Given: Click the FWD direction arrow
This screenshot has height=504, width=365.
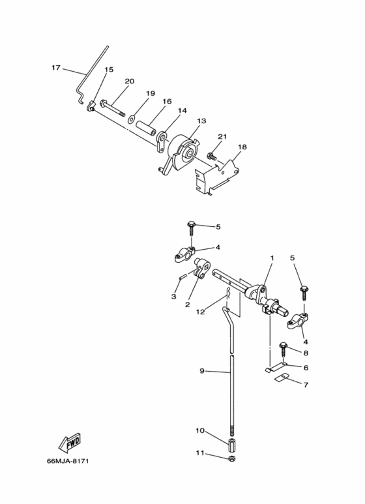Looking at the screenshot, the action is (x=70, y=443).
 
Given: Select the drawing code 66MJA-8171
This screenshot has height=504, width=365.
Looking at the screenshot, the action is (x=68, y=461).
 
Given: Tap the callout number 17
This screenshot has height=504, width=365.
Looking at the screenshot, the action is (x=56, y=68).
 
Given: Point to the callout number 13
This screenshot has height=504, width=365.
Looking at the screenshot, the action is (x=201, y=121).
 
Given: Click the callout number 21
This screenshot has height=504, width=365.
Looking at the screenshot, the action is (x=222, y=136).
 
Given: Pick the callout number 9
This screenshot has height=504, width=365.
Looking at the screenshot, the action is (x=202, y=371).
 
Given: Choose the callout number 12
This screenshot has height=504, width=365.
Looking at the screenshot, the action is (x=200, y=312).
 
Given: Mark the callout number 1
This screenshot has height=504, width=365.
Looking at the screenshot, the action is (x=272, y=258).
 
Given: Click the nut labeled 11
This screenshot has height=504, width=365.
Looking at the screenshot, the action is (x=231, y=458).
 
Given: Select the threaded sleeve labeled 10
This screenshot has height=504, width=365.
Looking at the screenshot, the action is (x=231, y=444).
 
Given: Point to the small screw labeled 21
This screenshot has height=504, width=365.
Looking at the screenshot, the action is (x=212, y=156).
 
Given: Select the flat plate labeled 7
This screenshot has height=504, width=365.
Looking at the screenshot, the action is (x=282, y=377).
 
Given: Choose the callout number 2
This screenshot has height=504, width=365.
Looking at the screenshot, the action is (x=187, y=304).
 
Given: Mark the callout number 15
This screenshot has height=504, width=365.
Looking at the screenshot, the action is (x=109, y=69).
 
